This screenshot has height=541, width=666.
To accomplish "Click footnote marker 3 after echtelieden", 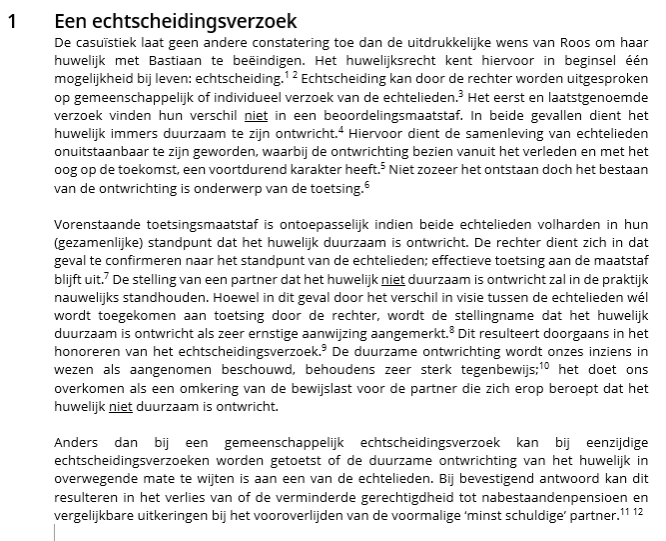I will (461, 92).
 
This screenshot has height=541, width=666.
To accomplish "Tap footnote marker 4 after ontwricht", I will (340, 127).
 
